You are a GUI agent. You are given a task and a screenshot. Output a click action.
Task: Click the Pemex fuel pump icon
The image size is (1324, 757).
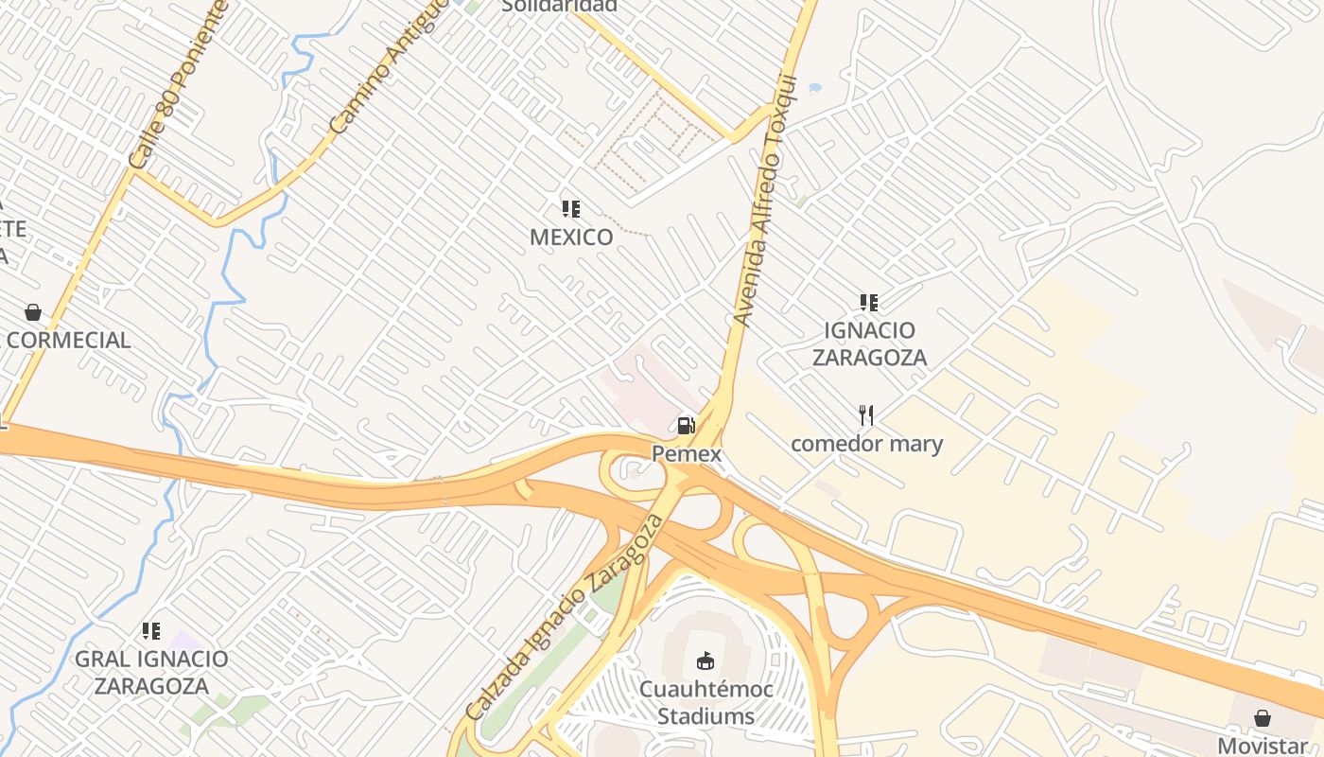pyautogui.click(x=686, y=426)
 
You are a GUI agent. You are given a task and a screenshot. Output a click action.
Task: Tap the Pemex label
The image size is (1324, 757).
pyautogui.click(x=687, y=454)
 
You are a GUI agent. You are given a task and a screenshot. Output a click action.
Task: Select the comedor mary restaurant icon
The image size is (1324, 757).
pyautogui.click(x=865, y=414)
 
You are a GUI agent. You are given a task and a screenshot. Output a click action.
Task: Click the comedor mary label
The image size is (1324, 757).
pyautogui.click(x=866, y=443)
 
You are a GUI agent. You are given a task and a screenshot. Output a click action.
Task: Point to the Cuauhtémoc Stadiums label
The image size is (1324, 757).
pyautogui.click(x=706, y=702)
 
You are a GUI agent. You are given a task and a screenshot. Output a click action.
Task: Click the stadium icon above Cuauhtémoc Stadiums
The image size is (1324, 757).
pyautogui.click(x=705, y=660)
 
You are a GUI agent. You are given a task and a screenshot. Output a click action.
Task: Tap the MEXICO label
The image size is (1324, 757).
pyautogui.click(x=571, y=237)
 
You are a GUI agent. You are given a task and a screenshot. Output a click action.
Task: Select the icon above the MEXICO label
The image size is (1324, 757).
pyautogui.click(x=570, y=208)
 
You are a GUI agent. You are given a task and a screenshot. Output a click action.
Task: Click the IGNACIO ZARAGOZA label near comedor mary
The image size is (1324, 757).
pyautogui.click(x=869, y=343)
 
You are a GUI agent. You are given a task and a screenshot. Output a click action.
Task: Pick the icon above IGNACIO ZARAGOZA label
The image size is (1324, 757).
pyautogui.click(x=868, y=303)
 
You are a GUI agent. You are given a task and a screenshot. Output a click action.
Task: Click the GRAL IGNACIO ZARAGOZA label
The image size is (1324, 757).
pyautogui.click(x=151, y=672)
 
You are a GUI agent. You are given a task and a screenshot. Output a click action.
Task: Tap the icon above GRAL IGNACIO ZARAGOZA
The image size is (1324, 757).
pyautogui.click(x=150, y=630)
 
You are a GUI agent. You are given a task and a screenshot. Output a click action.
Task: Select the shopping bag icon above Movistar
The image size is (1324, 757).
pyautogui.click(x=1262, y=718)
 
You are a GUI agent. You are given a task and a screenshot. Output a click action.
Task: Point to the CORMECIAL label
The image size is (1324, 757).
pyautogui.click(x=68, y=341)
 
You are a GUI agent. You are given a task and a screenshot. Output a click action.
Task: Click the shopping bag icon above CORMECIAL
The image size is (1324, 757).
pyautogui.click(x=33, y=312)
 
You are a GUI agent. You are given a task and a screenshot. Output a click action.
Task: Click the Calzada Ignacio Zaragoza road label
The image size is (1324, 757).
pyautogui.click(x=565, y=617)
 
